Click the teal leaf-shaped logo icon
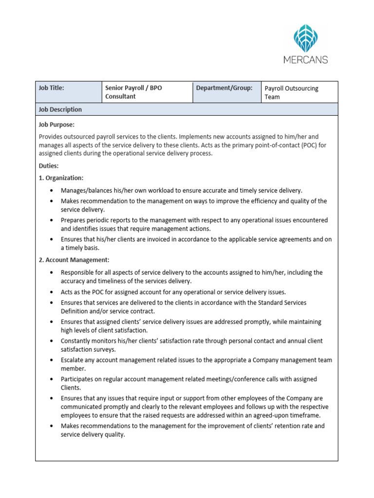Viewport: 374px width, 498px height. click(x=305, y=39)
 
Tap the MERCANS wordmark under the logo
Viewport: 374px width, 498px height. click(x=305, y=60)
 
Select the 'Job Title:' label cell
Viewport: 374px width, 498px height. click(x=52, y=88)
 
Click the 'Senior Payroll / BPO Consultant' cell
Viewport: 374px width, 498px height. click(x=133, y=92)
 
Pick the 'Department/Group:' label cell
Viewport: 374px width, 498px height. click(x=224, y=88)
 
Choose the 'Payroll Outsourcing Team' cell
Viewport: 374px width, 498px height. click(x=291, y=92)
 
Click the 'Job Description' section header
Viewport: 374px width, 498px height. click(x=60, y=109)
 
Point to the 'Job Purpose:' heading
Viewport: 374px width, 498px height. click(x=56, y=124)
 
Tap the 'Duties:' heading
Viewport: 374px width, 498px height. click(x=49, y=166)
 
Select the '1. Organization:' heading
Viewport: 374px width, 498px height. click(x=61, y=178)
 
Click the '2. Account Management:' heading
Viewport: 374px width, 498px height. click(x=74, y=260)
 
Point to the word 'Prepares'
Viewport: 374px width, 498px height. click(x=74, y=220)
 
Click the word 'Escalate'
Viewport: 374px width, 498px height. click(x=74, y=360)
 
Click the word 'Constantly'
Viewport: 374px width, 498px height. click(x=77, y=341)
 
